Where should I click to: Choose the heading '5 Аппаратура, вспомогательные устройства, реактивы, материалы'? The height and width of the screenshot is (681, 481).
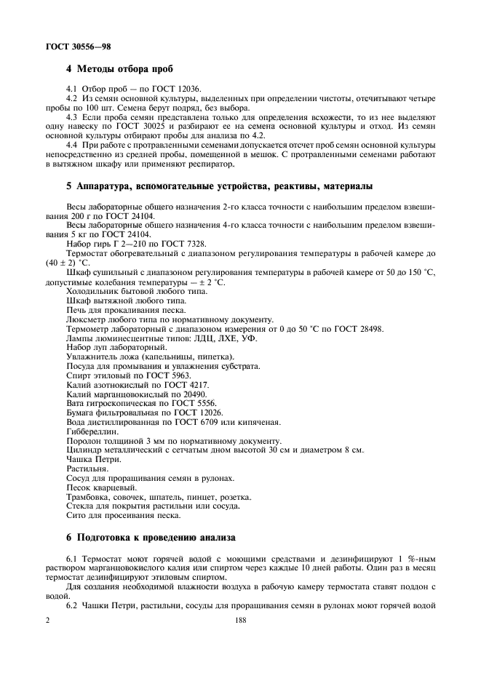219,186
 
